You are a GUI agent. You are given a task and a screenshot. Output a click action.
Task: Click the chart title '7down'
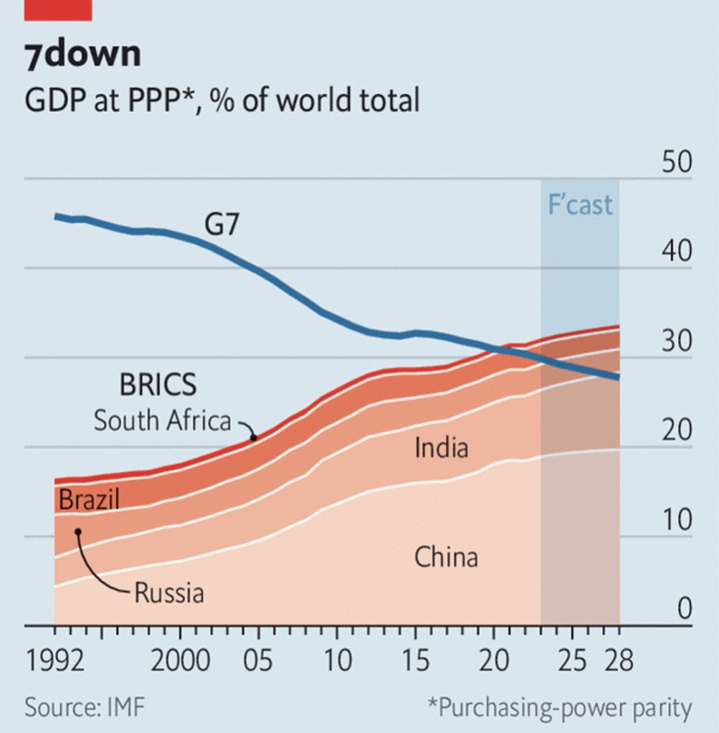click(x=82, y=55)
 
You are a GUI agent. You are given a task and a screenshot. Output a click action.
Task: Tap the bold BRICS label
click(x=157, y=385)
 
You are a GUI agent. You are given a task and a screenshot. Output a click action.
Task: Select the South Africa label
click(x=162, y=420)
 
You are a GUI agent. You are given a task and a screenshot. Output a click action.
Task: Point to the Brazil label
click(x=89, y=499)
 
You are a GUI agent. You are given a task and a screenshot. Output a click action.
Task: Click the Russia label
click(x=169, y=594)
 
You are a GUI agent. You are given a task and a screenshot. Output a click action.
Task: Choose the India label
click(x=441, y=448)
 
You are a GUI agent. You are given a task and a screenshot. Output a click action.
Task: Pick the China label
click(x=446, y=557)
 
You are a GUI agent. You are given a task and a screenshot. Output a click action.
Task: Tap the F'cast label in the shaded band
click(x=580, y=205)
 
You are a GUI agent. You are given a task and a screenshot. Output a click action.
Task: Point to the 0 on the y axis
click(x=685, y=609)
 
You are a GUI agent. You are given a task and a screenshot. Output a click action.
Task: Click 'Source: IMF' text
click(x=85, y=708)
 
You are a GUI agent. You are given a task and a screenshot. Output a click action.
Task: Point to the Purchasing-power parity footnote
click(x=560, y=708)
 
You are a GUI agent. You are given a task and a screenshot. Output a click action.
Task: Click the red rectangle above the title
click(x=58, y=9)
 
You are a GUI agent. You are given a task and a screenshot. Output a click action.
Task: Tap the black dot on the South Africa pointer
click(x=252, y=436)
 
